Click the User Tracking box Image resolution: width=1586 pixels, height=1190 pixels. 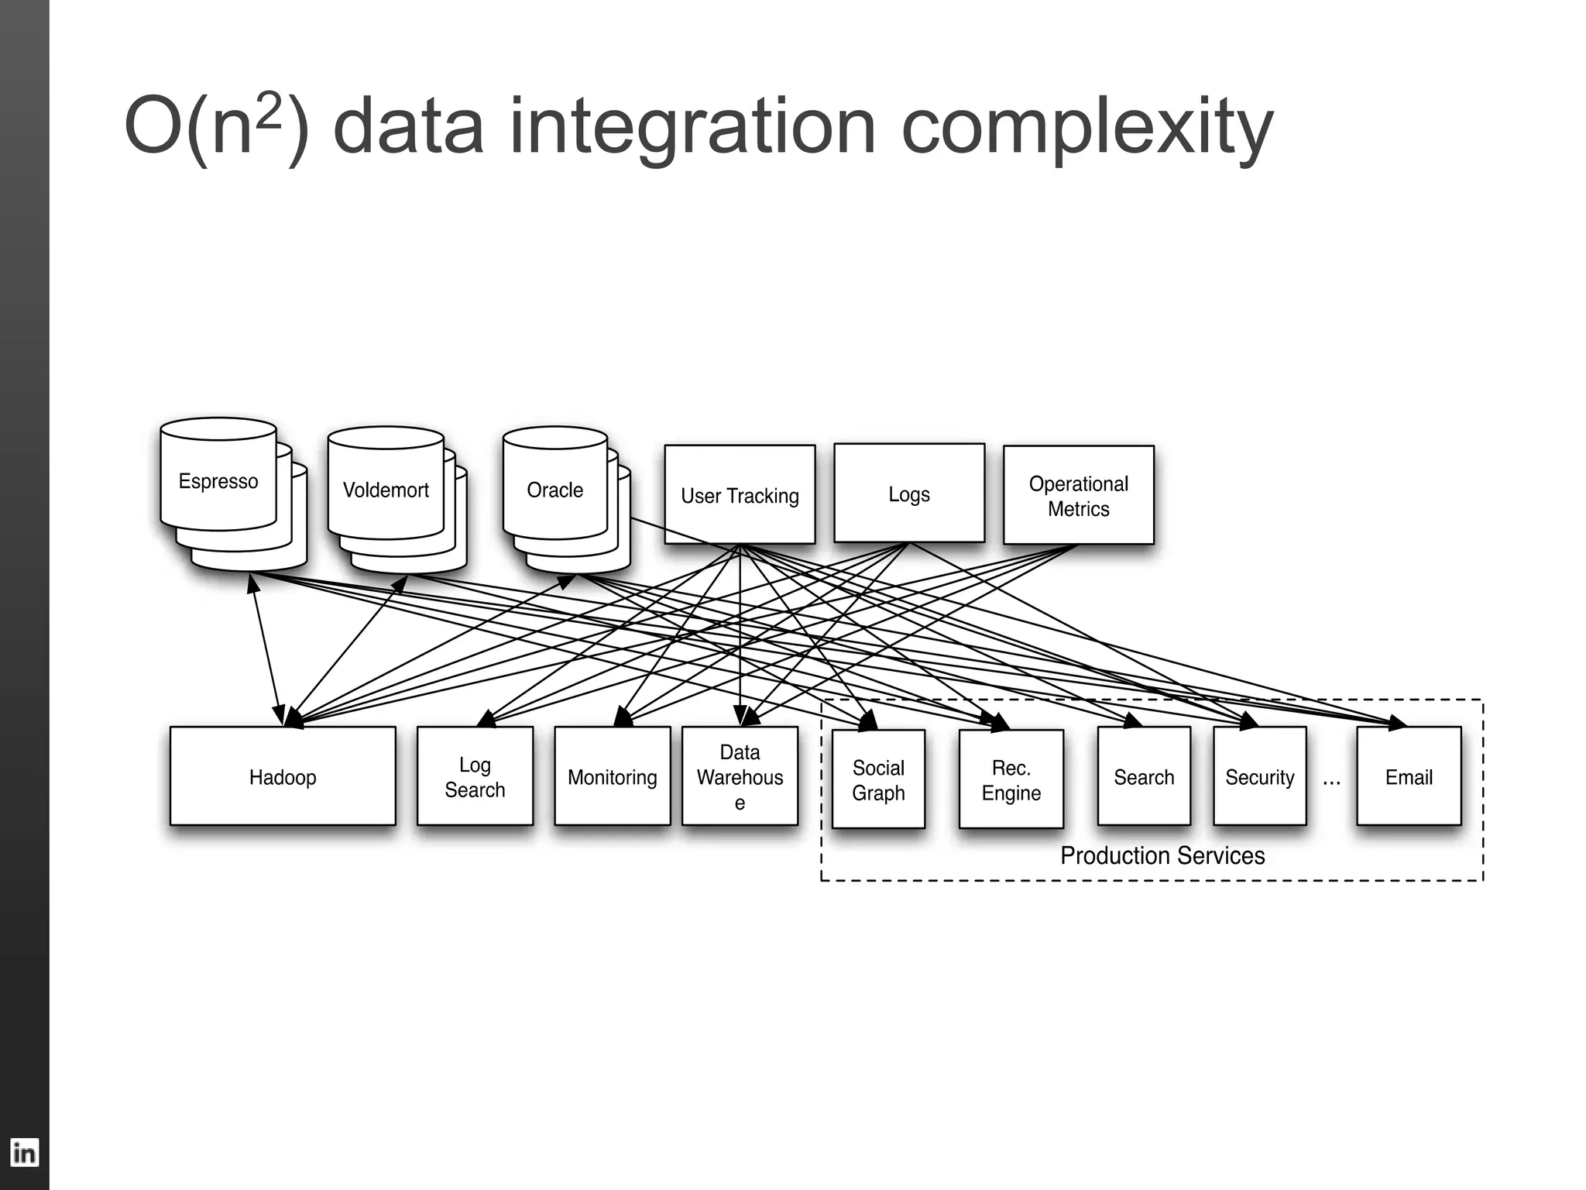coord(740,495)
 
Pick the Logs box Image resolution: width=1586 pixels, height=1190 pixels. coord(908,494)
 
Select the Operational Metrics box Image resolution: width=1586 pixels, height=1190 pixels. coord(1078,495)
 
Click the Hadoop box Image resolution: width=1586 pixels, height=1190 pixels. coord(283,776)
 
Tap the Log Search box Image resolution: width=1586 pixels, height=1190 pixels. coord(475,776)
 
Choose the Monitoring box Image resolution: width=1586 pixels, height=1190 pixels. coord(612,776)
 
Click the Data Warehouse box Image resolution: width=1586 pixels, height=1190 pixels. coord(740,776)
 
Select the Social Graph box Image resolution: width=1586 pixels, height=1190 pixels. coord(878,779)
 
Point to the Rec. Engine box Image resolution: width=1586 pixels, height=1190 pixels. coord(1011,779)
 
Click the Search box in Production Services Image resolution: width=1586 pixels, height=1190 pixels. coord(1144,776)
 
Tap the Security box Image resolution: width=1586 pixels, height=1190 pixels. coord(1259,776)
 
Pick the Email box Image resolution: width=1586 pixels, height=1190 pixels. coord(1409,776)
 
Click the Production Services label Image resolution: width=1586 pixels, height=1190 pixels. coord(1162,855)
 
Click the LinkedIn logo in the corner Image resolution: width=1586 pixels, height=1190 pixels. coord(24,1153)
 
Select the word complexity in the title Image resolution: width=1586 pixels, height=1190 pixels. coord(1087,128)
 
